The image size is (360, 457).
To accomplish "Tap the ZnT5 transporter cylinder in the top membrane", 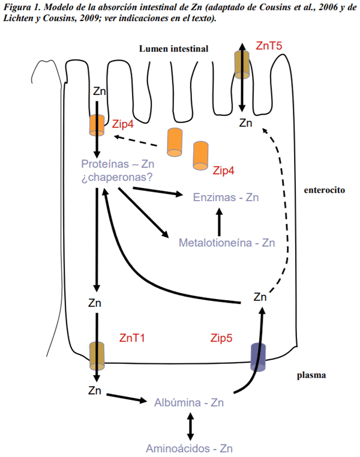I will (242, 64).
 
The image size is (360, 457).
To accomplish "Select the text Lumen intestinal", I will (173, 49).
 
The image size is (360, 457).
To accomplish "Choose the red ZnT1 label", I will (133, 338).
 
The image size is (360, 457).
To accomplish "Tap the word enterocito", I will (325, 189).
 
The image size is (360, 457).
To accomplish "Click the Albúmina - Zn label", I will (189, 402).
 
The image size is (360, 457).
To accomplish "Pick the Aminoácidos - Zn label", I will (189, 448).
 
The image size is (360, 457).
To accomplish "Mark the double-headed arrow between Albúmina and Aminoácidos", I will (190, 425).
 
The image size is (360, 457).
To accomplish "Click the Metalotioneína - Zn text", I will (227, 243).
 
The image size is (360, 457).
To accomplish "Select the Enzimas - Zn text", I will (227, 197).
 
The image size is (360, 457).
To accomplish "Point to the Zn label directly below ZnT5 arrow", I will (245, 123).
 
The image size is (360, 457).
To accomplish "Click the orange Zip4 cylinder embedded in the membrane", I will (97, 124).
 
